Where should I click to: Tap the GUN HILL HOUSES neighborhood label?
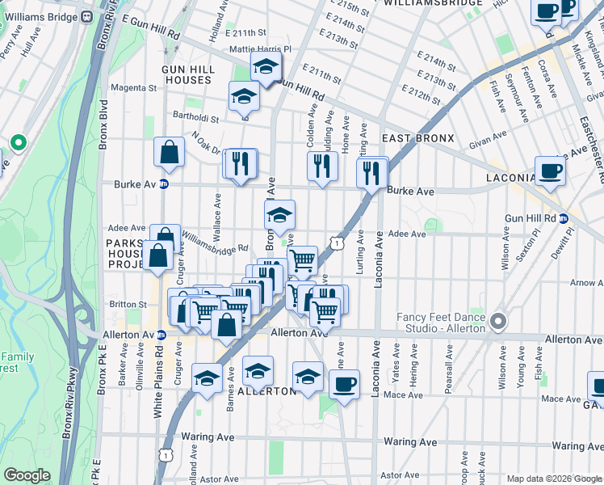[188, 75]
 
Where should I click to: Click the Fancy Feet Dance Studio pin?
[498, 322]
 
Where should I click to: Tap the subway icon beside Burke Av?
[164, 184]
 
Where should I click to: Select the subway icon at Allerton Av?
[161, 335]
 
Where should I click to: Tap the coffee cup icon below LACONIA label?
[551, 171]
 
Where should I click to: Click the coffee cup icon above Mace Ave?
[344, 384]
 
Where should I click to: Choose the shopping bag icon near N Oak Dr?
[170, 150]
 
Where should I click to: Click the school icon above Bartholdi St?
[243, 98]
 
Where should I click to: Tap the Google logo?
[27, 475]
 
